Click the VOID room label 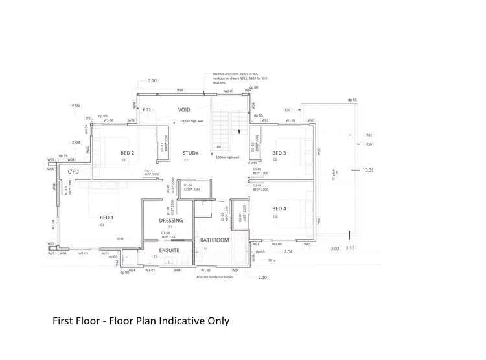pos(185,110)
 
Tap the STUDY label pos(190,153)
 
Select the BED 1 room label pos(106,218)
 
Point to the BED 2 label pos(127,153)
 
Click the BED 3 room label pos(279,153)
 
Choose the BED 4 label pos(279,208)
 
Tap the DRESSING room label pos(171,220)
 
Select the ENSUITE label pos(169,249)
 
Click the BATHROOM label pos(214,240)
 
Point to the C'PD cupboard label pos(73,172)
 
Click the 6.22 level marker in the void pos(146,110)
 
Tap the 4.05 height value pos(76,105)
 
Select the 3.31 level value pos(369,170)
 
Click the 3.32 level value pos(350,248)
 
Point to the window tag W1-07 pos(228,91)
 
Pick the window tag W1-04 pos(54,224)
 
